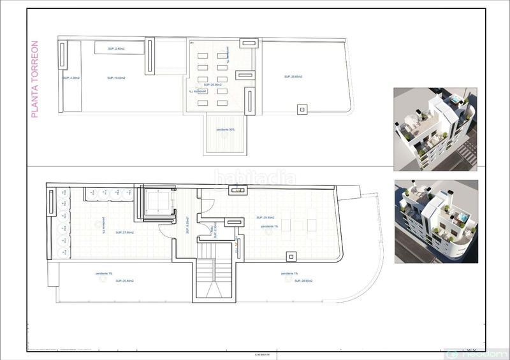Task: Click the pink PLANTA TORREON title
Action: pos(35,80)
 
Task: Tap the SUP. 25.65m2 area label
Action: pos(293,76)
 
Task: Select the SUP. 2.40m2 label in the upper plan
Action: pos(115,48)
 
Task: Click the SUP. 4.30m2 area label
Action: pos(71,78)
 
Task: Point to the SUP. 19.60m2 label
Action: pos(116,78)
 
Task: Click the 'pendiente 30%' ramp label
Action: pos(226,130)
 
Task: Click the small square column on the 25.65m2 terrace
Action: pos(301,108)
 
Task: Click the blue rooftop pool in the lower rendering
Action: pos(460,222)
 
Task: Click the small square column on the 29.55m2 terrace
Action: pos(291,256)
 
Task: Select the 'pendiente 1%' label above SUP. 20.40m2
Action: pos(104,273)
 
